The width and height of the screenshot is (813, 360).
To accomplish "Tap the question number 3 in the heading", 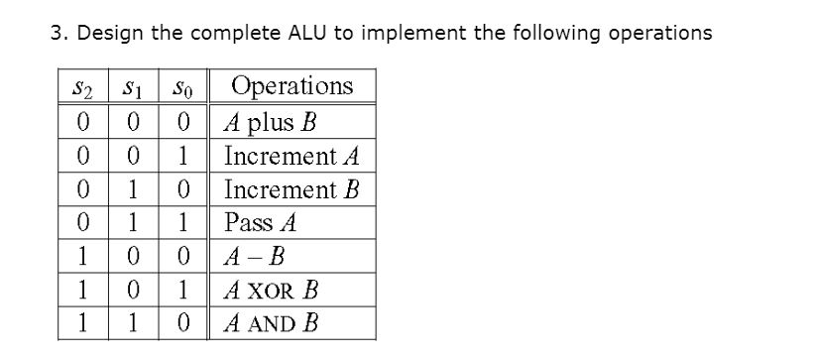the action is click(x=57, y=33).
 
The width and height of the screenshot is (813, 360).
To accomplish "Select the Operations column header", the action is click(x=291, y=86).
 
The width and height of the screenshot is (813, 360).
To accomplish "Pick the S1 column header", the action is click(x=131, y=88).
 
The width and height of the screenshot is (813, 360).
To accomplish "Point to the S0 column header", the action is click(x=179, y=88).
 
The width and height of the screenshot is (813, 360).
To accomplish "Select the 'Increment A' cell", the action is click(x=291, y=157).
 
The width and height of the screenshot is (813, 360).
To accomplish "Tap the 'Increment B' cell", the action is click(x=291, y=189).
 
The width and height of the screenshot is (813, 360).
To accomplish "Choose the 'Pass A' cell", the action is click(x=262, y=222).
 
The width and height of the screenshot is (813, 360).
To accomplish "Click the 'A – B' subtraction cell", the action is click(x=257, y=256).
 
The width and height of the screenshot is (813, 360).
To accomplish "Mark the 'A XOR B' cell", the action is click(x=271, y=290).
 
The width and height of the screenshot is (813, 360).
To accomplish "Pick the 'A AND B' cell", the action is click(x=272, y=323).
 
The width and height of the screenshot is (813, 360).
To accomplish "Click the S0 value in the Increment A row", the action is click(x=179, y=157).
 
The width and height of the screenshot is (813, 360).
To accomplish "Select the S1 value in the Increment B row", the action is click(x=131, y=189).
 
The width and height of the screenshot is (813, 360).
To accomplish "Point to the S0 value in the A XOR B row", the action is click(x=179, y=290).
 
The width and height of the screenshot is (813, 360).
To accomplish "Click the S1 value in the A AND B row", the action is click(x=131, y=323).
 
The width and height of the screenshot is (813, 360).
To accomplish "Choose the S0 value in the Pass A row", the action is click(x=179, y=222).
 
